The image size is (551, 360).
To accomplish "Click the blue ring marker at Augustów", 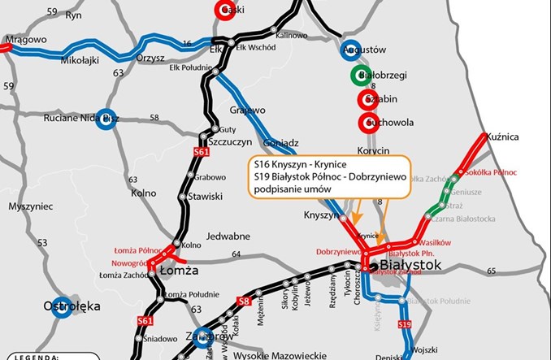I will [351, 50].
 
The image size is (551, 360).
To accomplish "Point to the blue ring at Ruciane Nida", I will [105, 119].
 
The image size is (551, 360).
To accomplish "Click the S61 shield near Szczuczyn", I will [202, 151].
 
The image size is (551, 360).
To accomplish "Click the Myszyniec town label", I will [30, 206].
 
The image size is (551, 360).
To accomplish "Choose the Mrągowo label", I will [25, 39].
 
